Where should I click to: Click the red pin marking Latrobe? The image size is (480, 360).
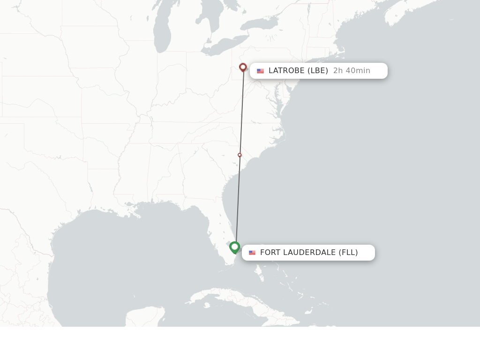(x=243, y=67)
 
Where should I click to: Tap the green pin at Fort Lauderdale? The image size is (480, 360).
(x=235, y=247)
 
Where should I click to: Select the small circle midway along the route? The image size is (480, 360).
(x=240, y=155)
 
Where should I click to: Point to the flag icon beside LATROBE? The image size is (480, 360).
(x=260, y=71)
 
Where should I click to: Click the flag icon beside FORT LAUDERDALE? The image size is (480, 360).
(x=252, y=253)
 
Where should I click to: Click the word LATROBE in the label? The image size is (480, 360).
(x=286, y=71)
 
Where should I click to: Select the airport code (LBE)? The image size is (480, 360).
(x=317, y=71)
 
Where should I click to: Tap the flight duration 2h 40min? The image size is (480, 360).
(x=352, y=71)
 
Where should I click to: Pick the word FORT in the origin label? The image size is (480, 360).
(x=270, y=253)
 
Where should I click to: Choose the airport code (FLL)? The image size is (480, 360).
(x=348, y=253)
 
